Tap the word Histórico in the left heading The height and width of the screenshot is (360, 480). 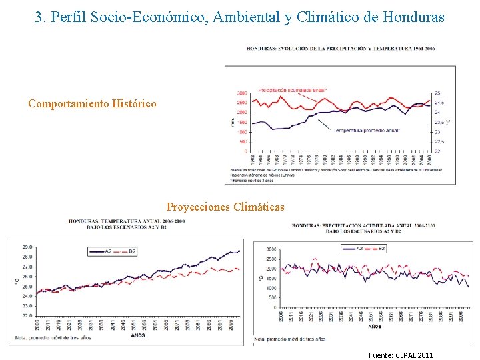134,103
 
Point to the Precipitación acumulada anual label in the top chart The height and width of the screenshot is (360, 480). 283,91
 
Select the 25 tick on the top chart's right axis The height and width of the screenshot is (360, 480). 437,93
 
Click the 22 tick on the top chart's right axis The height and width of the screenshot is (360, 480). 437,151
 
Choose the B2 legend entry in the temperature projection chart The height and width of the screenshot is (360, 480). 132,251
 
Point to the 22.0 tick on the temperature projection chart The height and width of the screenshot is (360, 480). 27,315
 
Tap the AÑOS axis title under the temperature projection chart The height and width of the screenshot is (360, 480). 138,335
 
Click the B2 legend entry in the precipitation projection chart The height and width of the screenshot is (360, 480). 382,249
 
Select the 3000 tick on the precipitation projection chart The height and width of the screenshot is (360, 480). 271,249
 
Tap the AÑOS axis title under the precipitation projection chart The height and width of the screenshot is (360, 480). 376,327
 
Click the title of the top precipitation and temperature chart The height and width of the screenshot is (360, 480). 340,48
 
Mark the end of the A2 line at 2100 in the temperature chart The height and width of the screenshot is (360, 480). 239,251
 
